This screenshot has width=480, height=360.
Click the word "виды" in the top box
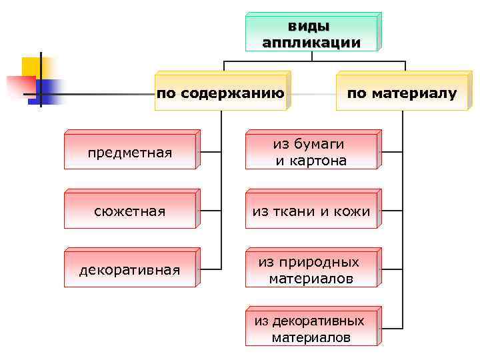[311, 27]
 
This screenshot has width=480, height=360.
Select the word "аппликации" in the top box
[311, 43]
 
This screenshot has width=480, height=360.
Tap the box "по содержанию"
[221, 93]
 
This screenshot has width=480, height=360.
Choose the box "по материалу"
[402, 93]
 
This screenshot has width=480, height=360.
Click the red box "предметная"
[130, 153]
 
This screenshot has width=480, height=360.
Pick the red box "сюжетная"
[130, 212]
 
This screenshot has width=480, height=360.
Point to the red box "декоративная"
[130, 270]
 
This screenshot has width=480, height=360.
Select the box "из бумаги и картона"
[311, 153]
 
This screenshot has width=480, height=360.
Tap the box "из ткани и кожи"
[311, 212]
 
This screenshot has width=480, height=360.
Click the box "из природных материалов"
[311, 270]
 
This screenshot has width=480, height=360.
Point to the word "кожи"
[351, 212]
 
